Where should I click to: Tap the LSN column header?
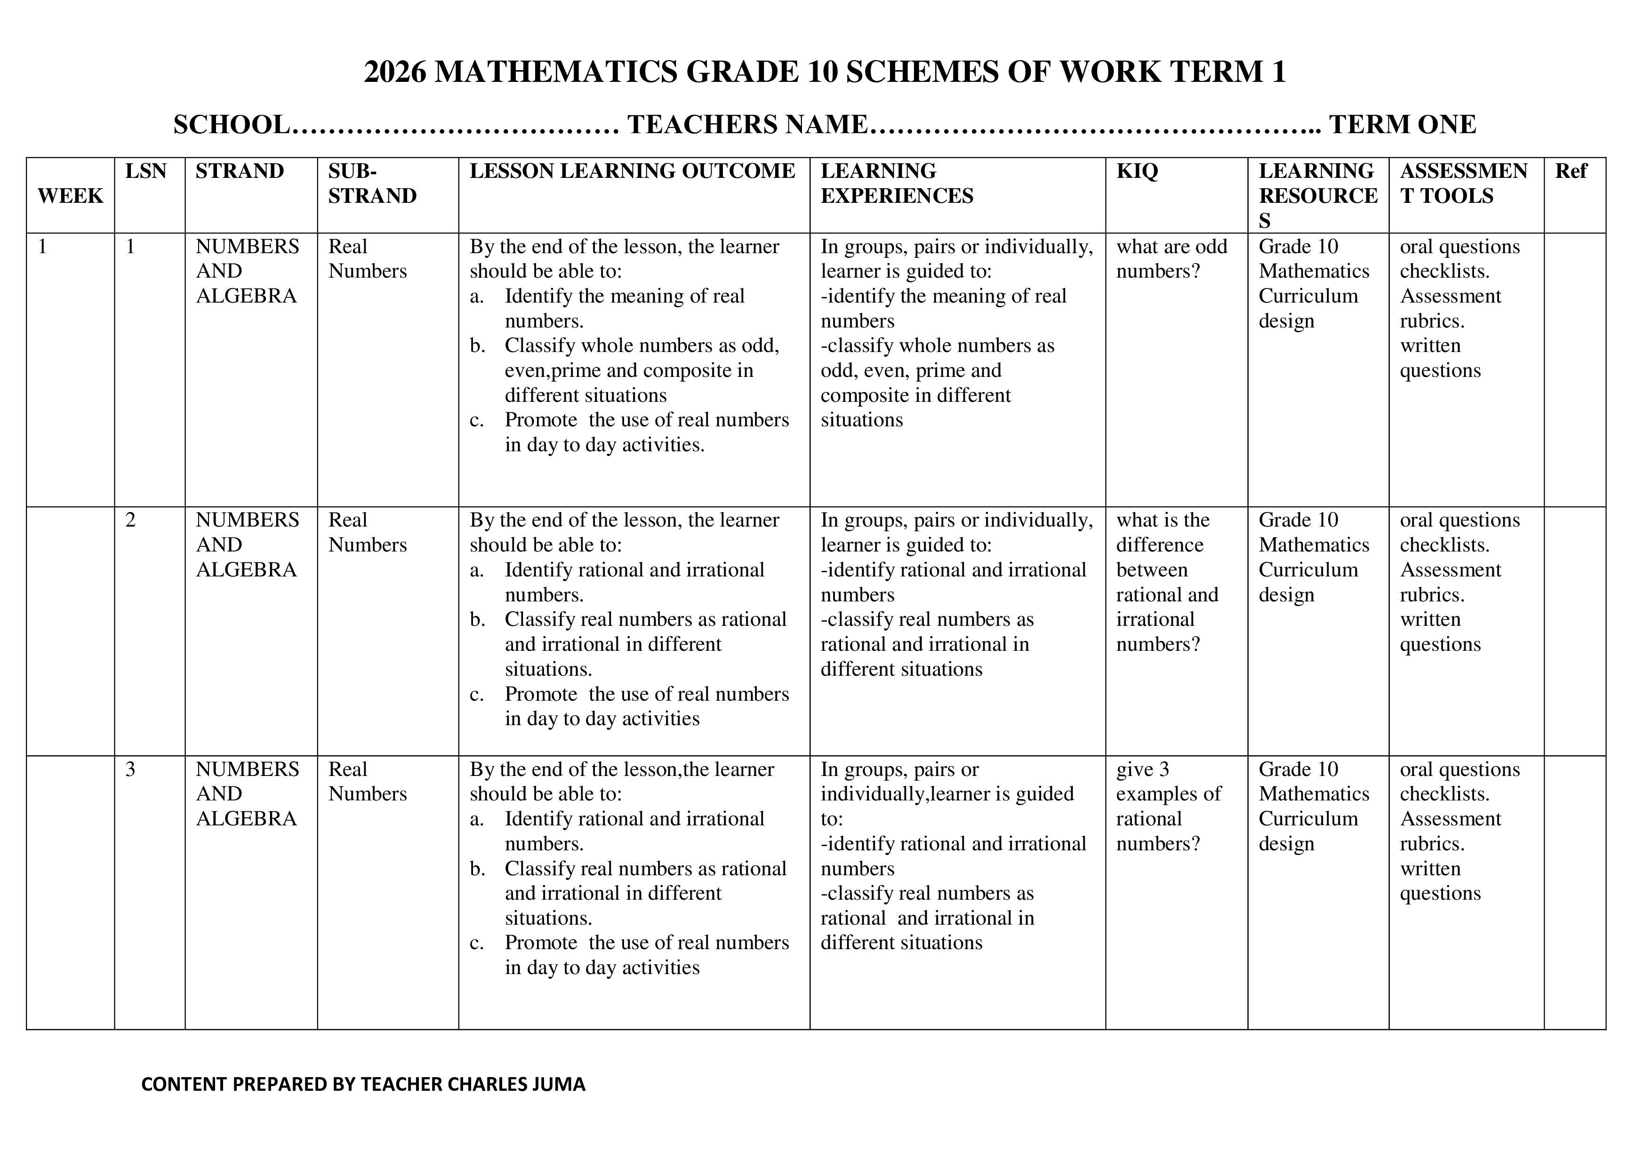(145, 171)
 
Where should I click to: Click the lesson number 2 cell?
(130, 520)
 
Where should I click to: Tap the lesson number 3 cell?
(130, 769)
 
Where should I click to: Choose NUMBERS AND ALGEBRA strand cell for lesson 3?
(247, 794)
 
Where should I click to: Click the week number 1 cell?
(42, 247)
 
